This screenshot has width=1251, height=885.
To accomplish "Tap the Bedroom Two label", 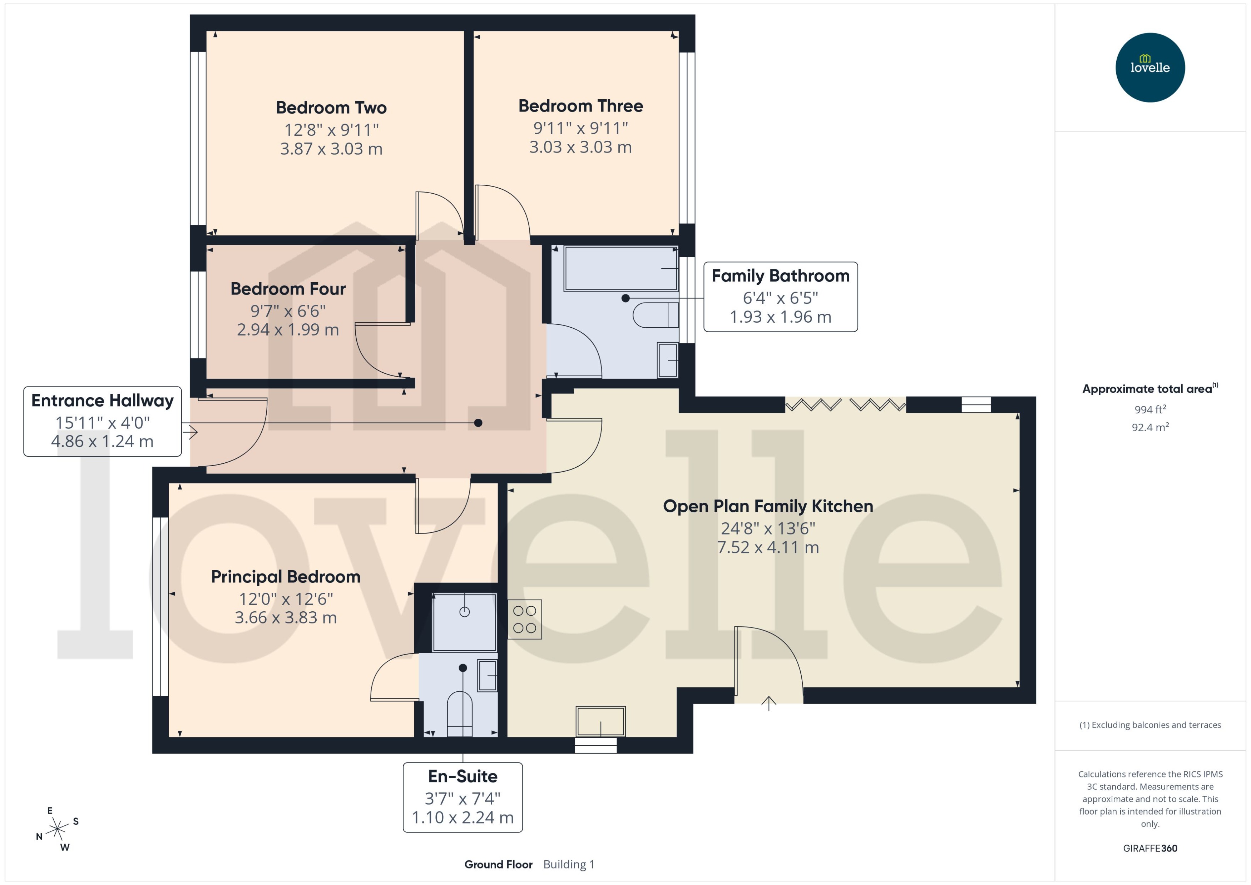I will [331, 108].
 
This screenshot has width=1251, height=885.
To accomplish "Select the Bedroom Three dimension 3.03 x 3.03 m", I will [580, 147].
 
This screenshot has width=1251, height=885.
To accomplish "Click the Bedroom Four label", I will [288, 289].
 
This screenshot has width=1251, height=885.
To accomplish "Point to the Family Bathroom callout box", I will [780, 297].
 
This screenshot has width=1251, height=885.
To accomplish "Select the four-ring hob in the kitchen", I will [524, 620].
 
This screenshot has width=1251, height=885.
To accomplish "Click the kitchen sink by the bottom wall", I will [600, 721].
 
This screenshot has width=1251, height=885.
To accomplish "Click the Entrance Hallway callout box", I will [103, 421].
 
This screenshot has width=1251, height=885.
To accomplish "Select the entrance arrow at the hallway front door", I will [190, 432].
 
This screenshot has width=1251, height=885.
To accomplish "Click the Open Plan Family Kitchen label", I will [767, 506].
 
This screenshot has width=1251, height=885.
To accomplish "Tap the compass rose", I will [57, 829].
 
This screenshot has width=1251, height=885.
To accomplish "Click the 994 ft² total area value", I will [1149, 409].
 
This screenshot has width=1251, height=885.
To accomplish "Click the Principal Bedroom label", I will [286, 577].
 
